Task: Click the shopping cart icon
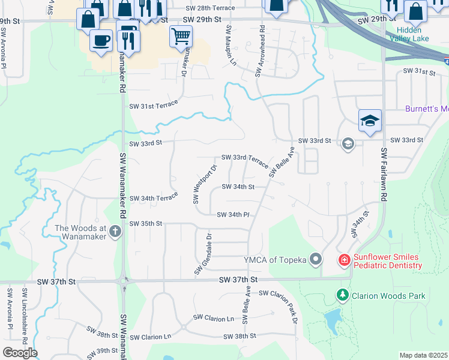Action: [x=181, y=36]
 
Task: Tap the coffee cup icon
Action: [x=101, y=41]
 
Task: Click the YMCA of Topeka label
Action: [x=276, y=259]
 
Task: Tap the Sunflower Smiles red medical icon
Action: [x=344, y=260]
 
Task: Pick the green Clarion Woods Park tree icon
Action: [x=342, y=295]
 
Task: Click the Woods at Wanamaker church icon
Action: [x=116, y=231]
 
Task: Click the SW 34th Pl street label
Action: [x=233, y=214]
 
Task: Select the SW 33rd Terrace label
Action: [x=245, y=157]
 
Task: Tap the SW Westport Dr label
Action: [x=204, y=184]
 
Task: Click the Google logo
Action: [x=19, y=353]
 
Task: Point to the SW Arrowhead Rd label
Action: [x=260, y=51]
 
